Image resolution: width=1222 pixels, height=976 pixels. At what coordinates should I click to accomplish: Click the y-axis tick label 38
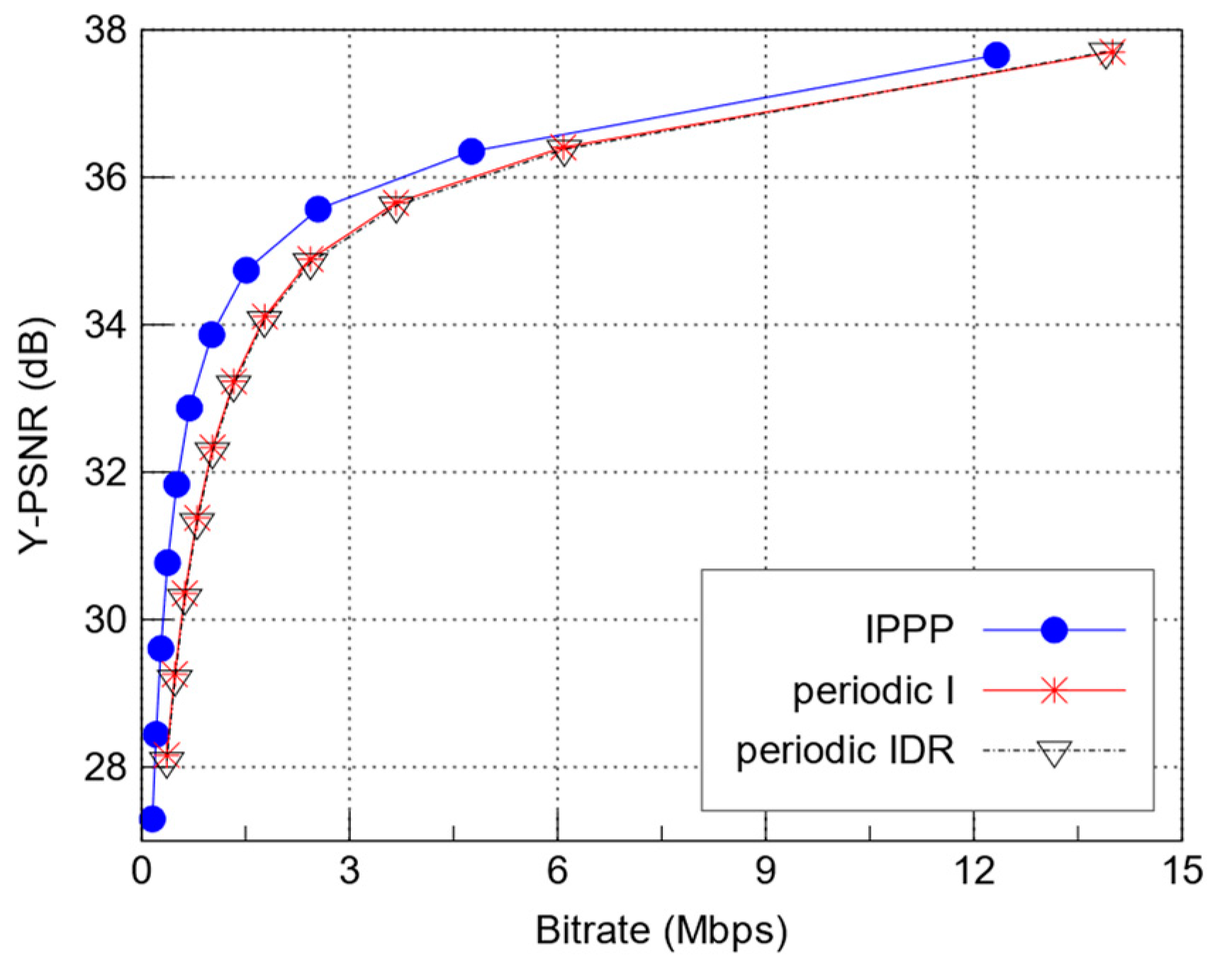coord(106,30)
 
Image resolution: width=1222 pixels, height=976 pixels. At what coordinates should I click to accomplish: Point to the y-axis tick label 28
coord(106,768)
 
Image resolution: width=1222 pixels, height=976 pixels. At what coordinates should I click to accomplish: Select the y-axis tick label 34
coord(106,325)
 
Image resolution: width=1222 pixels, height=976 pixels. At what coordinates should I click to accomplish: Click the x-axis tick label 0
coord(142,871)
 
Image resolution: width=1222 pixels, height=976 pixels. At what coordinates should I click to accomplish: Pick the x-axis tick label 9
coord(766,871)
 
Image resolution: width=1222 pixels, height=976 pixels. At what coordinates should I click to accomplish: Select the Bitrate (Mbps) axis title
coord(661,931)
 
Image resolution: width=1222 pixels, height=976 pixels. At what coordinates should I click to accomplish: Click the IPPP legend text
coord(909,629)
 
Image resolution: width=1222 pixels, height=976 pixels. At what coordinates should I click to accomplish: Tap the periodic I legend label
coord(873,690)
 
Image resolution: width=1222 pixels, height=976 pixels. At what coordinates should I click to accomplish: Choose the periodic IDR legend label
coord(845,750)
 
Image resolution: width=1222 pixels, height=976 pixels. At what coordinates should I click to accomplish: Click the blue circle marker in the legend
coord(1054,629)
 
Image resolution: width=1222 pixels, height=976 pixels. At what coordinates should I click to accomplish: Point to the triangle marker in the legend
coord(1054,753)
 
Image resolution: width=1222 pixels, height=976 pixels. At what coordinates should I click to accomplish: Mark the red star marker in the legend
coord(1054,690)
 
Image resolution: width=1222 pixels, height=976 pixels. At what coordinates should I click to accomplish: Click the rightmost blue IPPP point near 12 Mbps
coord(997,55)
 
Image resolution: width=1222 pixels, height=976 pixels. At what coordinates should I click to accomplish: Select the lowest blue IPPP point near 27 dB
coord(152,819)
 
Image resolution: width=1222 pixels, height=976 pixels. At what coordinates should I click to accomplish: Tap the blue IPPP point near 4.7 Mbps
coord(471,151)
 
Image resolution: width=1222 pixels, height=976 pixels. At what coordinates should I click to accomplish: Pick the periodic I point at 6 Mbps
coord(564,148)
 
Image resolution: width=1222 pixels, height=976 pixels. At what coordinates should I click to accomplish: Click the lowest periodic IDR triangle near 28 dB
coord(166,764)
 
